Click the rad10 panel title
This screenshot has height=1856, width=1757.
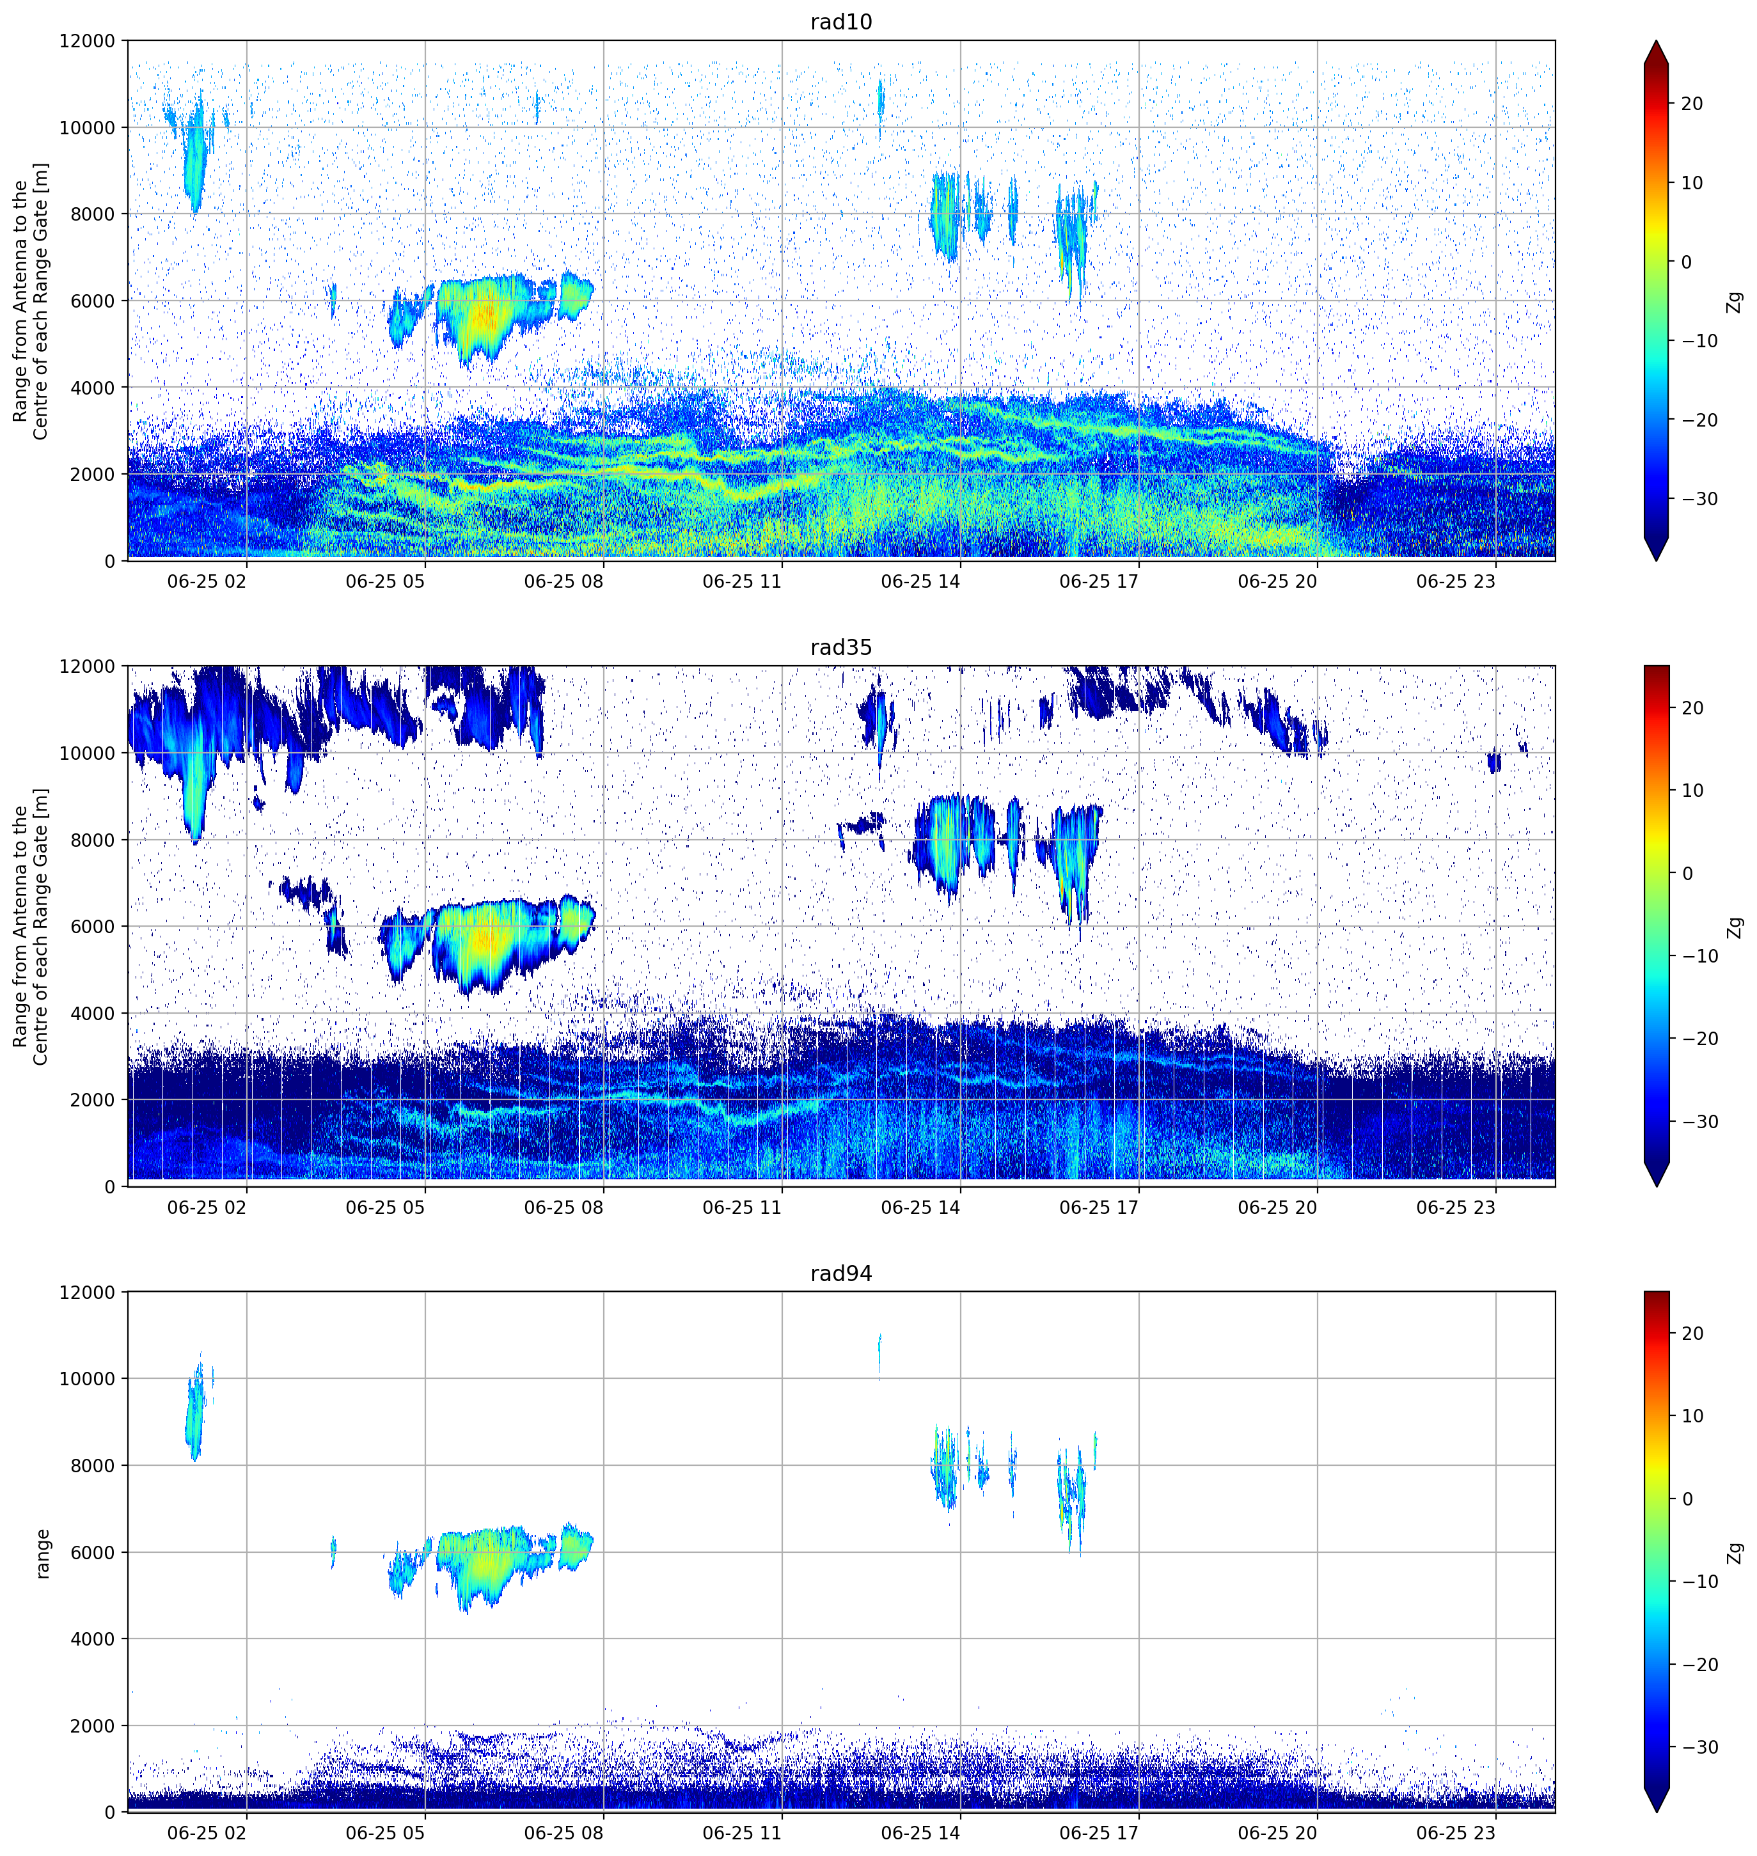tap(841, 22)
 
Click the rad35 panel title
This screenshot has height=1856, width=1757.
tap(841, 647)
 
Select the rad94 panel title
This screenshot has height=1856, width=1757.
tap(841, 1273)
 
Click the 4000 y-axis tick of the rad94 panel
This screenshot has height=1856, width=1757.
tap(93, 1639)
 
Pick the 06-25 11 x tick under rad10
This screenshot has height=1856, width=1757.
tap(742, 581)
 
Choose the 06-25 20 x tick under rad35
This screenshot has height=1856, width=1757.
tap(1277, 1207)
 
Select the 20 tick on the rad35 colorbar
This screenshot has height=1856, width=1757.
tap(1691, 708)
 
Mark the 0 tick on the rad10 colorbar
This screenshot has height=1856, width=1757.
tap(1686, 262)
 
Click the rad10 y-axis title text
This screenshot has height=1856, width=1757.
tap(31, 301)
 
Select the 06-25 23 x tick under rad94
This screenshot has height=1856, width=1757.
tap(1456, 1832)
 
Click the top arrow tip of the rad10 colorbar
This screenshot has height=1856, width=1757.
tap(1656, 40)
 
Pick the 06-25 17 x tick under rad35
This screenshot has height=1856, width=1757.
tap(1099, 1207)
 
